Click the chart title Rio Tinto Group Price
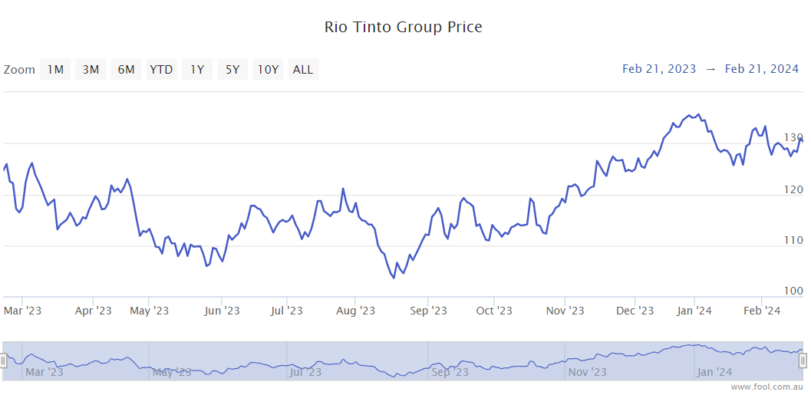tap(404, 28)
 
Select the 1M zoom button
tap(55, 70)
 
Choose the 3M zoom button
tap(91, 70)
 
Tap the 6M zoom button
tap(126, 70)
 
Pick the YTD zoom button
tap(161, 70)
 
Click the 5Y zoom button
tap(232, 70)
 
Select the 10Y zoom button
tap(268, 70)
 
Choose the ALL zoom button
tap(303, 70)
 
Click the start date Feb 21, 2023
tap(659, 69)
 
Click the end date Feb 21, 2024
tap(762, 69)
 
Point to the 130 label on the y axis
tap(793, 137)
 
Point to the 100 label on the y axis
tap(793, 291)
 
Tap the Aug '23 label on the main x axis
tap(356, 311)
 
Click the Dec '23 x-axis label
tap(635, 311)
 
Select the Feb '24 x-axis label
tap(763, 311)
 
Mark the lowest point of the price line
tap(394, 278)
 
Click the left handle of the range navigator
tap(3, 360)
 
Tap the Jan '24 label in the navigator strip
tap(714, 372)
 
